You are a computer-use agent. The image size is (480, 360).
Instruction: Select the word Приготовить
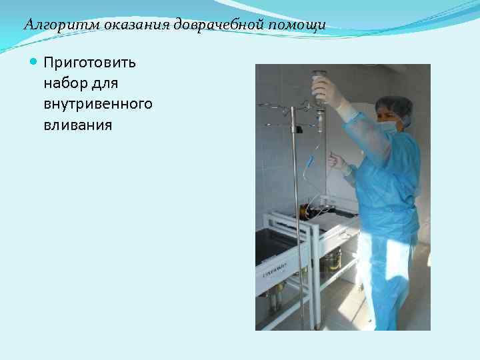tap(89, 63)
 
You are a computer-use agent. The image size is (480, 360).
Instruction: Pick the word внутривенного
tap(97, 104)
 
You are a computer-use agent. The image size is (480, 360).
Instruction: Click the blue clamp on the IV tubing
tap(310, 161)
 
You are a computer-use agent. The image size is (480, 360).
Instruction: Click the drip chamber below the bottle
tap(321, 120)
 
